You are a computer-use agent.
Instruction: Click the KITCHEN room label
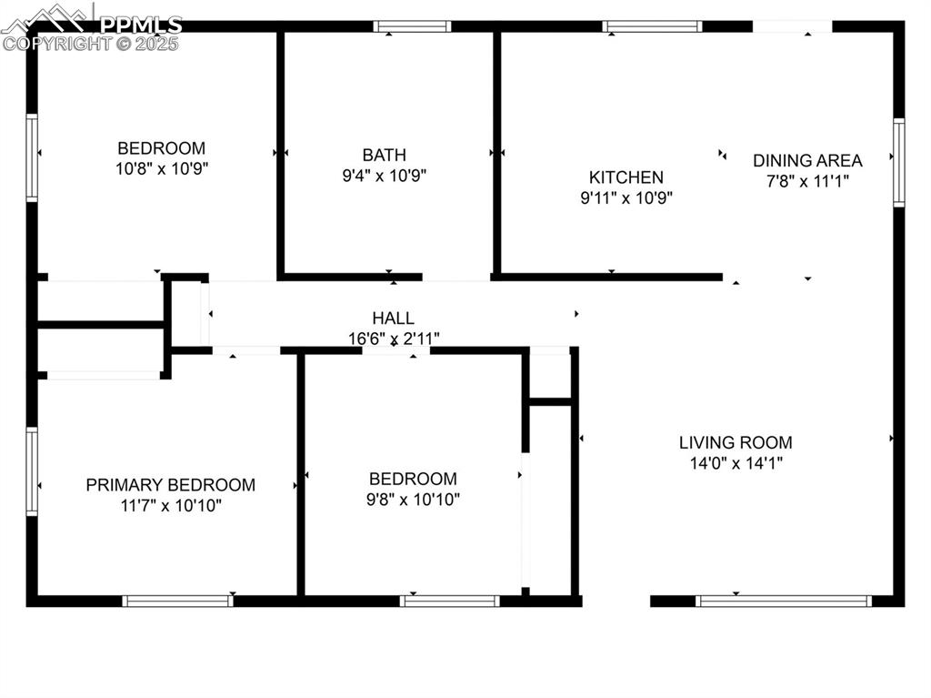click(626, 177)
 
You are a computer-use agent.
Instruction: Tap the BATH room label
click(384, 155)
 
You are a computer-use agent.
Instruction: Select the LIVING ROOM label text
click(736, 443)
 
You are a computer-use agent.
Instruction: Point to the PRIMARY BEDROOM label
click(170, 485)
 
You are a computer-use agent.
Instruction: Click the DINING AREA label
click(807, 160)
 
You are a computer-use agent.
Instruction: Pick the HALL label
click(393, 318)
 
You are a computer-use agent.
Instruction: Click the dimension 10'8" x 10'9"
click(162, 168)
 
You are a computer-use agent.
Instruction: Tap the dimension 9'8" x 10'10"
click(414, 499)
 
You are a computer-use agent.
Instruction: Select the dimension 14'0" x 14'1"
click(736, 463)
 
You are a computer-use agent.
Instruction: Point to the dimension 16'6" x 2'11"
click(394, 339)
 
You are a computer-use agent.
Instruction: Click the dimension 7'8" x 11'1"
click(807, 181)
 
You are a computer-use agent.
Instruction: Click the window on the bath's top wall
click(412, 26)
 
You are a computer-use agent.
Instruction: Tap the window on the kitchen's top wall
click(652, 26)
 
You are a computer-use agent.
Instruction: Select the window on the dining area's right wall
click(898, 163)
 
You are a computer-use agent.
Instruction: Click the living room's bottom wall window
click(784, 601)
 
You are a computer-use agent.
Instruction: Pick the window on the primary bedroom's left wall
click(32, 471)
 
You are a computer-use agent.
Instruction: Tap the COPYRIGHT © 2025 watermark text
click(91, 43)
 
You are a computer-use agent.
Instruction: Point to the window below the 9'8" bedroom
click(450, 601)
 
